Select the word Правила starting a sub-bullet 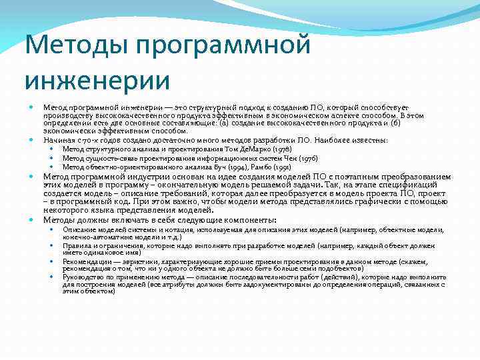75,245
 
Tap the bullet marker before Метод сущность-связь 53,158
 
